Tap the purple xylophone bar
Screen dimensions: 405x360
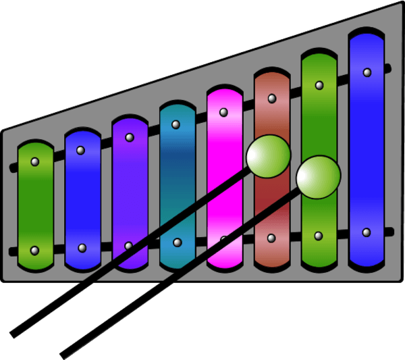point(130,196)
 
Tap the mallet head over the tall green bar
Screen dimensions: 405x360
point(318,177)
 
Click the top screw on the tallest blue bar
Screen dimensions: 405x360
point(367,72)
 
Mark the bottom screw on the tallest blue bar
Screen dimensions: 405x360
point(367,232)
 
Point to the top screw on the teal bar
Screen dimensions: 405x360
point(176,124)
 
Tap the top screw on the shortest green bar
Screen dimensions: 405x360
point(35,162)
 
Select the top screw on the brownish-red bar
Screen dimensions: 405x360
point(271,99)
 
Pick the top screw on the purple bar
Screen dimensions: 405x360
point(129,137)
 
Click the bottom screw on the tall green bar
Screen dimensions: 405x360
point(319,236)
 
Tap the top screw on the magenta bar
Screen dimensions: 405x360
point(224,112)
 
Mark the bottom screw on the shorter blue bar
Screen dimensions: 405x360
point(82,249)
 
